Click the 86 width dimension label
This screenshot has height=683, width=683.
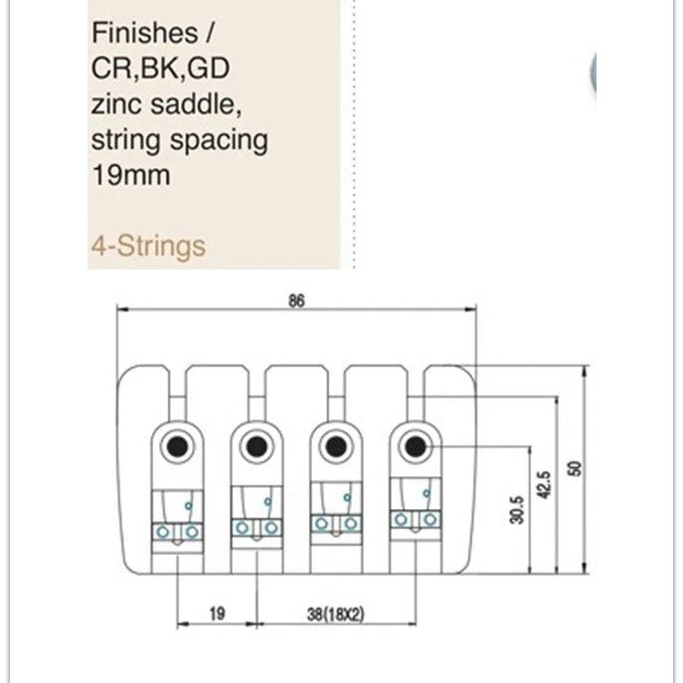[296, 301]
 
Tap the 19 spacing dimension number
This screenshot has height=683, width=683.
[217, 613]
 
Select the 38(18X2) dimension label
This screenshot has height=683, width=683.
[335, 614]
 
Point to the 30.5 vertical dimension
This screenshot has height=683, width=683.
[517, 510]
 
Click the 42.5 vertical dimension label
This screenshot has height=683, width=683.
[544, 485]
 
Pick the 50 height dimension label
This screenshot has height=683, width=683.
[575, 468]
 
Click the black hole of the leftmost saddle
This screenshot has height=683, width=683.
[177, 446]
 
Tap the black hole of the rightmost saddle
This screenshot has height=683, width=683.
[416, 446]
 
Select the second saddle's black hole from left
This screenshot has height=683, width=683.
[256, 446]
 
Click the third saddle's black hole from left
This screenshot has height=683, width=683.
[336, 446]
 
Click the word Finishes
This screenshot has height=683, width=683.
[145, 33]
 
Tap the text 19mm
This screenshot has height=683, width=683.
[131, 175]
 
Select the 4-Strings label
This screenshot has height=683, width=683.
[148, 247]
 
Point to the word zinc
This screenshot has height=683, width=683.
[116, 104]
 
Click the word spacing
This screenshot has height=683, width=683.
[219, 141]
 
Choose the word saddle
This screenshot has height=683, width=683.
[196, 104]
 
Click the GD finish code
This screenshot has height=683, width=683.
[210, 69]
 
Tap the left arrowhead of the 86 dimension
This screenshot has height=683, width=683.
[123, 309]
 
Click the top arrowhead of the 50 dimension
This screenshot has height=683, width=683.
[586, 371]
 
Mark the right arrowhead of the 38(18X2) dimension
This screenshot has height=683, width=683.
[411, 623]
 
